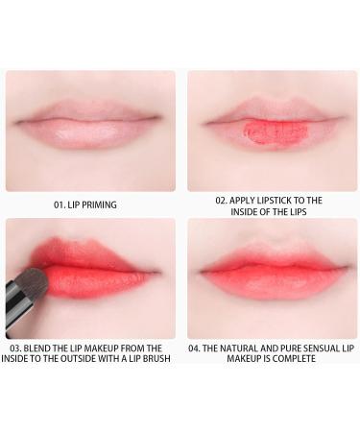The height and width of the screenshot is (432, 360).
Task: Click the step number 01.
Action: click(x=58, y=204)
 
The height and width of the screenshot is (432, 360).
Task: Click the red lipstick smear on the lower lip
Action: click(x=276, y=132)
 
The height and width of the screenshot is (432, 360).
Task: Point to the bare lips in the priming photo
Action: click(x=88, y=126)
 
